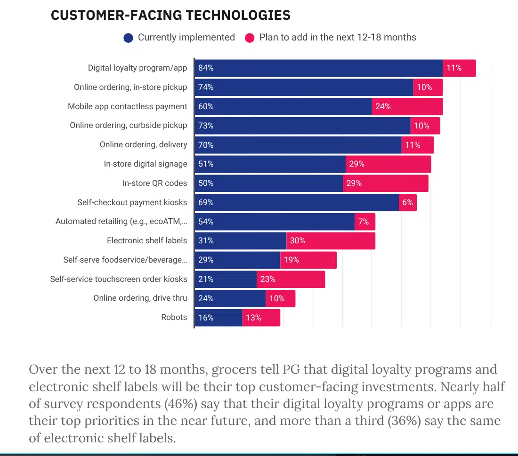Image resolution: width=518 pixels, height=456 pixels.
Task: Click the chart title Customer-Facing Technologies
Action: [170, 15]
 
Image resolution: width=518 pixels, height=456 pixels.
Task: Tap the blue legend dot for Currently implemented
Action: [128, 38]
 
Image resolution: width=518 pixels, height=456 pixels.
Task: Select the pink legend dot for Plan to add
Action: [250, 38]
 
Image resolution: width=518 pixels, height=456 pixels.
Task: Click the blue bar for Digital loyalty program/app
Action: [319, 68]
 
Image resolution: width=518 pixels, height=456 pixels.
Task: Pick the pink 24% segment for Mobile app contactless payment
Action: [407, 106]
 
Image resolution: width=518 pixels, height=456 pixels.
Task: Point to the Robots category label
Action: [174, 317]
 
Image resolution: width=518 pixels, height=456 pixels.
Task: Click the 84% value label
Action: [206, 68]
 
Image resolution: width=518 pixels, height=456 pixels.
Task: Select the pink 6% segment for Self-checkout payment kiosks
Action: [408, 202]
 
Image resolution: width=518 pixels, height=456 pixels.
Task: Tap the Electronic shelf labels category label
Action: [147, 241]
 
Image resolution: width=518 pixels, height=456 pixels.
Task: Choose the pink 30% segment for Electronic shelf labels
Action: [331, 241]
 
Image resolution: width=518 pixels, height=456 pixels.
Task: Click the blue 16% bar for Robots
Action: [219, 318]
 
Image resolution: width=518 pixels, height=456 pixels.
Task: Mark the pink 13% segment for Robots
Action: [261, 318]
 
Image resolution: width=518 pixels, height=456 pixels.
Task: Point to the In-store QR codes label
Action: [154, 183]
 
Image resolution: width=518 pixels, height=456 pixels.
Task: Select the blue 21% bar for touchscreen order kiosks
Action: [226, 280]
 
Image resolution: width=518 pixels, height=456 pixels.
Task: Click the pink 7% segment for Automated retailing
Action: [365, 222]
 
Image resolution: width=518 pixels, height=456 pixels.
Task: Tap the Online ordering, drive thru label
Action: [140, 298]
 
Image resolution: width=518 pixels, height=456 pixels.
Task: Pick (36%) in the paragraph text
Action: [404, 421]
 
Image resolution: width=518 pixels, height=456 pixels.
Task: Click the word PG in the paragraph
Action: [291, 369]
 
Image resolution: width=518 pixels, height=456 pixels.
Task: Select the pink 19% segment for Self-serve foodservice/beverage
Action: [308, 260]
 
